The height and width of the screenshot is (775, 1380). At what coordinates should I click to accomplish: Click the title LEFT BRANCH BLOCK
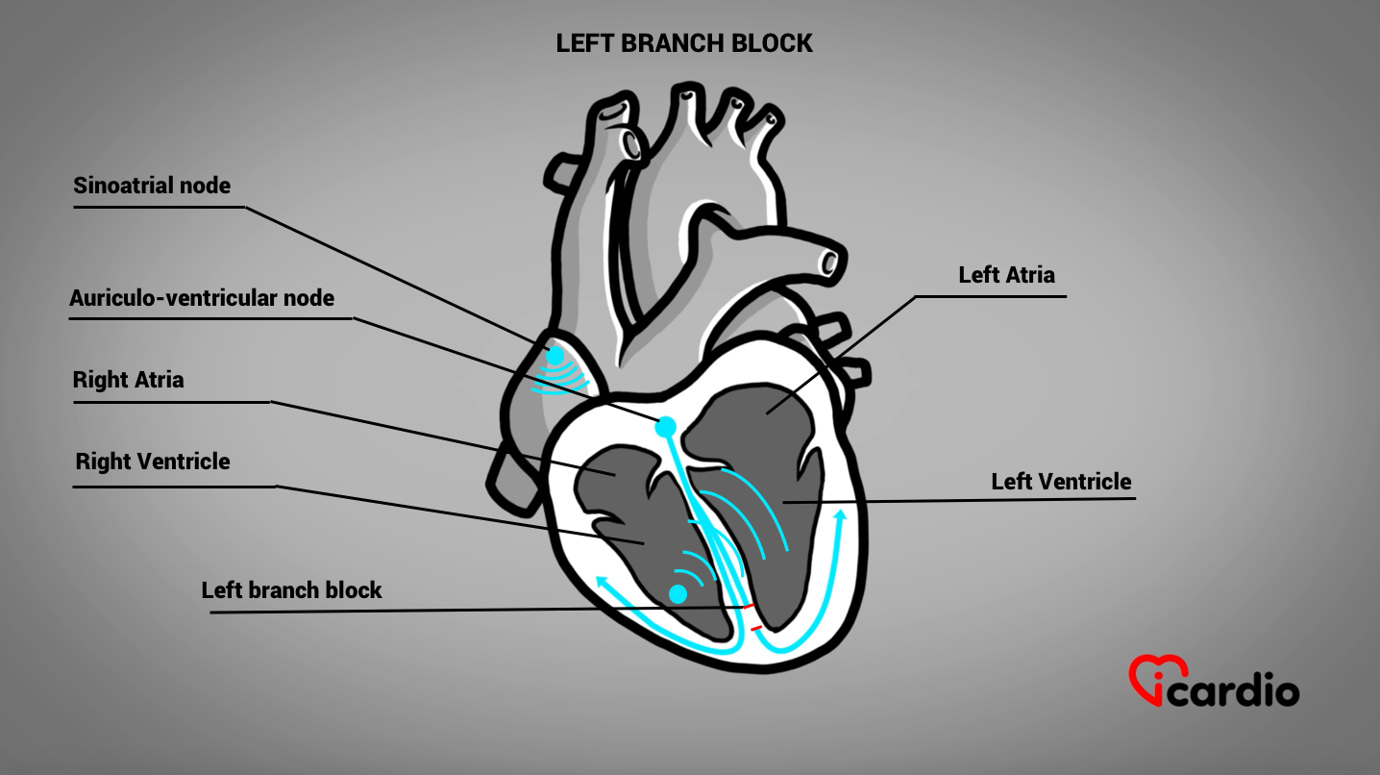pos(684,43)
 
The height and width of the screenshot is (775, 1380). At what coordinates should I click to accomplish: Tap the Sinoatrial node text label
pos(152,185)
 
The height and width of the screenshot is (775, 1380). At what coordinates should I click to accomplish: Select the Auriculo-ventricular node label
pos(202,298)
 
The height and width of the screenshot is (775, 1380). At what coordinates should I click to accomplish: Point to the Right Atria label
pos(128,380)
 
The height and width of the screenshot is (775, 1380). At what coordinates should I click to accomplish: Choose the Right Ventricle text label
pos(153,462)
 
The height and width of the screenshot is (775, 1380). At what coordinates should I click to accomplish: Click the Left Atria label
pos(1006,275)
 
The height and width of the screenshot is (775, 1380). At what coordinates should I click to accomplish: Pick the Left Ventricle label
pos(1061,482)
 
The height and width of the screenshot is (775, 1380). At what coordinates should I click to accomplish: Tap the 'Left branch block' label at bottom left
pos(291,589)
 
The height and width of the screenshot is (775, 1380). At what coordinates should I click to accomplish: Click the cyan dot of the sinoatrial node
pos(554,356)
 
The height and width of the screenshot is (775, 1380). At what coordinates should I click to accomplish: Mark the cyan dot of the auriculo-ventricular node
pos(665,426)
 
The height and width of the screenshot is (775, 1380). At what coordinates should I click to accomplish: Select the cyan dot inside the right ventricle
pos(678,593)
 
